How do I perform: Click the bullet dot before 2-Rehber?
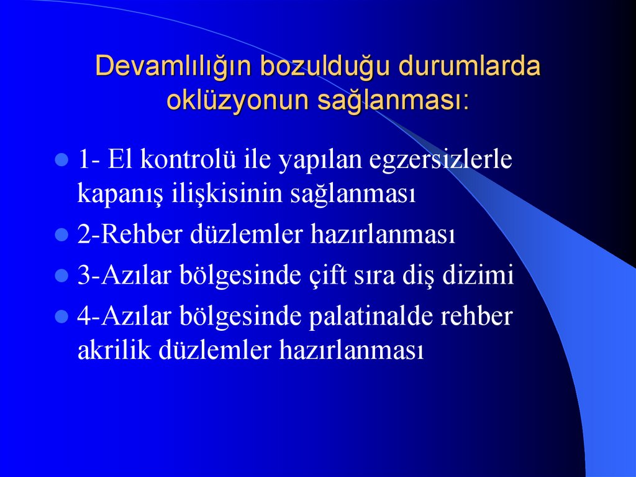(x=61, y=235)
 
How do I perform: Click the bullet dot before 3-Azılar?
(x=61, y=276)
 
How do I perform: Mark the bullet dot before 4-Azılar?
(x=61, y=317)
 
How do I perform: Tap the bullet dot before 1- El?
(x=61, y=160)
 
